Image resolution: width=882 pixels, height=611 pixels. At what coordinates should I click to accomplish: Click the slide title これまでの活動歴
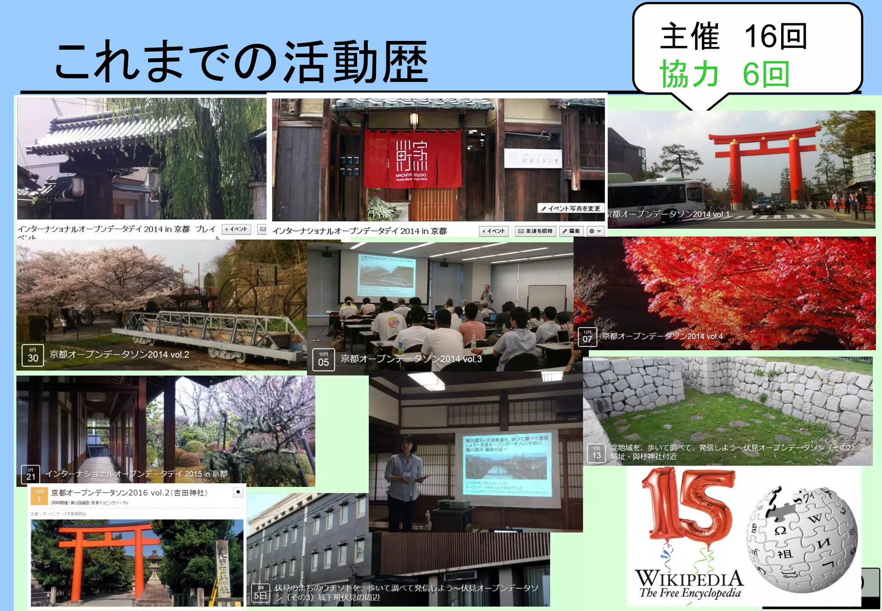241,62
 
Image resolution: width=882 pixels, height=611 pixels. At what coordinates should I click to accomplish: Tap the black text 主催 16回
733,37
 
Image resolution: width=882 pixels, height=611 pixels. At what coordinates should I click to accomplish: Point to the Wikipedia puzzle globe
801,539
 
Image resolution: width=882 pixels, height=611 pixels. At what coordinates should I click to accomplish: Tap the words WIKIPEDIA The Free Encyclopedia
689,583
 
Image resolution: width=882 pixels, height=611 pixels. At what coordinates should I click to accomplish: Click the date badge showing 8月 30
33,355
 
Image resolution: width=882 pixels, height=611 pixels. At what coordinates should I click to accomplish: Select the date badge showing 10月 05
323,360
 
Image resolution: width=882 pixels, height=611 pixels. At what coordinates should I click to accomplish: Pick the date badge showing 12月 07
587,337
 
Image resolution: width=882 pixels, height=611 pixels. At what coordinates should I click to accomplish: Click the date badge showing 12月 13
596,453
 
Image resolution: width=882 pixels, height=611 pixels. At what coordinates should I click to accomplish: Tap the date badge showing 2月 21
31,474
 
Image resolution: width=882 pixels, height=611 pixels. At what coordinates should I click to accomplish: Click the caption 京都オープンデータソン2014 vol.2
119,355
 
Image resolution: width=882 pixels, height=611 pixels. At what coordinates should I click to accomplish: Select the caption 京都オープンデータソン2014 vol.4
662,336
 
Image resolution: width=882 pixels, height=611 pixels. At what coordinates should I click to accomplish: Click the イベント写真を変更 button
571,209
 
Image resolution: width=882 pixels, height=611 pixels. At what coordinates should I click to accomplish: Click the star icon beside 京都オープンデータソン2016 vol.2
238,492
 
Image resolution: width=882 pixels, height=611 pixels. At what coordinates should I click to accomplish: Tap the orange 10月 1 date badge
39,496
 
